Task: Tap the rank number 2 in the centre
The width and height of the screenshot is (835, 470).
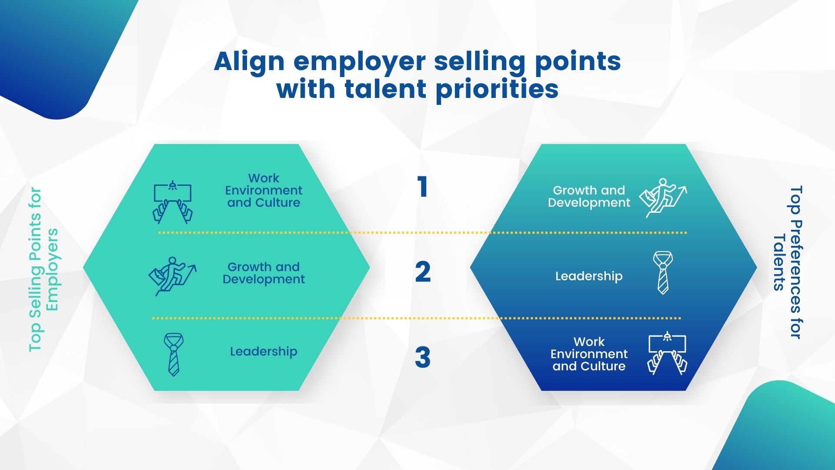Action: (423, 272)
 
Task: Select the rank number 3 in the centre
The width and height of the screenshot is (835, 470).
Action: (423, 357)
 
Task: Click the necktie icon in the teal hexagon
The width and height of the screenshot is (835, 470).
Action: (174, 355)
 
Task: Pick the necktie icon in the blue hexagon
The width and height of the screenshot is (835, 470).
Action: (663, 272)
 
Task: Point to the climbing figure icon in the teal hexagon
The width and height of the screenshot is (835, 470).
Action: (173, 276)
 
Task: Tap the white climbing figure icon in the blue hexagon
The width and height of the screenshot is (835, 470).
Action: (663, 198)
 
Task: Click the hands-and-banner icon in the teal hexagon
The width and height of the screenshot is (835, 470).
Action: (173, 203)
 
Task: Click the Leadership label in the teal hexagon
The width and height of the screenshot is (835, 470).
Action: (264, 351)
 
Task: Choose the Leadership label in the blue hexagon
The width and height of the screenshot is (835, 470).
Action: (589, 276)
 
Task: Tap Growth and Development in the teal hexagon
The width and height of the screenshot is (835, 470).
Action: (264, 273)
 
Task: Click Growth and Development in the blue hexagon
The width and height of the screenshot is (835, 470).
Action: (589, 196)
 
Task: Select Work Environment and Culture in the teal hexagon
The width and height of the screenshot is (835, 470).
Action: (264, 190)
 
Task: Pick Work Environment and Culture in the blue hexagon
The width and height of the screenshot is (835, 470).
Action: (589, 354)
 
